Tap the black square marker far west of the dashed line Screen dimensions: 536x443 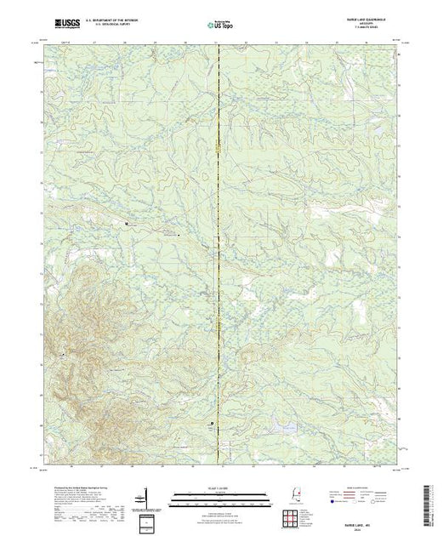click(128, 223)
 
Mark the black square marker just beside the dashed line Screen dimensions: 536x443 click(213, 424)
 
